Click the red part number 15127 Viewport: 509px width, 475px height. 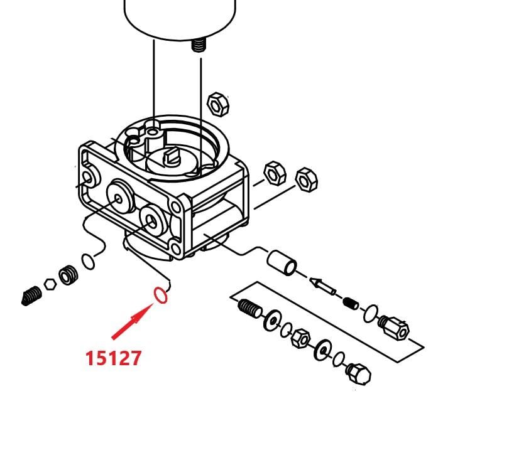[113, 358]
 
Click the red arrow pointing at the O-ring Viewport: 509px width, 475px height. [132, 321]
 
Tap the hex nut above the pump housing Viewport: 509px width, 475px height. [218, 104]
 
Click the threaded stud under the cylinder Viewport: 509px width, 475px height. [199, 45]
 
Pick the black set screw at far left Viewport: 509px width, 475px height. [31, 296]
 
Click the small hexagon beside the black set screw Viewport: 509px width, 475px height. [50, 284]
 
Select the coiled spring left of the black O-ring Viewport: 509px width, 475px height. [68, 275]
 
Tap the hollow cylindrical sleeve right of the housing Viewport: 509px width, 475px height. [282, 263]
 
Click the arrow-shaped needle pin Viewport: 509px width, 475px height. [322, 286]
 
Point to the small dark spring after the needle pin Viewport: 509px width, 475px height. [351, 303]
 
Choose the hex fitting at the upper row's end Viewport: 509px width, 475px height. [394, 328]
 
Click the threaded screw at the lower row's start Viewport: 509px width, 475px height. [249, 307]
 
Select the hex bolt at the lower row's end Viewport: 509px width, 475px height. [358, 374]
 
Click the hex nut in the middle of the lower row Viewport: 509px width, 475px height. [300, 338]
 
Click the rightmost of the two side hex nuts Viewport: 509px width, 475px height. [307, 179]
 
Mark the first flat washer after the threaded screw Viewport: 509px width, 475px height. [272, 321]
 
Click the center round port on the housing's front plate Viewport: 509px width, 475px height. [120, 196]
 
